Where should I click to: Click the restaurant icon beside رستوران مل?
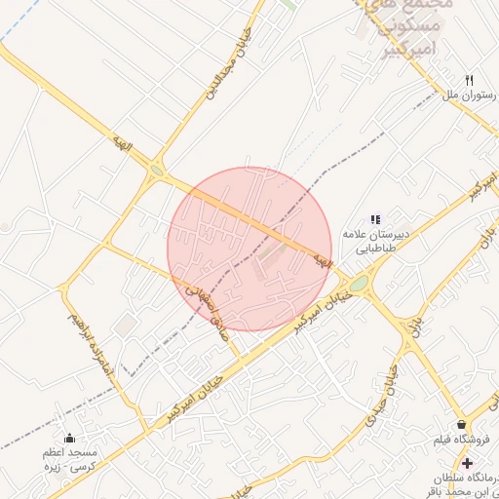pyautogui.click(x=469, y=80)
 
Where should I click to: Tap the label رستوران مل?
pyautogui.click(x=470, y=96)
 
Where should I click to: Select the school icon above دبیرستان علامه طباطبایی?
pyautogui.click(x=376, y=219)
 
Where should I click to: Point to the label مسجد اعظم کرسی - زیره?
pyautogui.click(x=68, y=461)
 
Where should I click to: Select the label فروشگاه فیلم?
pyautogui.click(x=460, y=441)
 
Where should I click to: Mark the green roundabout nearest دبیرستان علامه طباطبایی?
pyautogui.click(x=359, y=283)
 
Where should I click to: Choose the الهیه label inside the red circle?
pyautogui.click(x=322, y=260)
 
